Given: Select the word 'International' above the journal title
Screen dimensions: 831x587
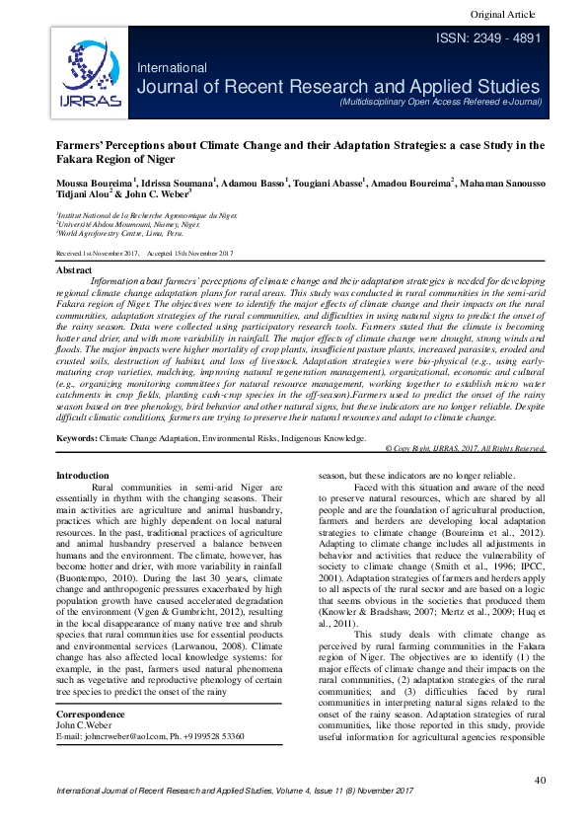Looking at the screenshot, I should click(172, 68).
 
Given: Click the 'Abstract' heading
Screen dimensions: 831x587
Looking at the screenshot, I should click(75, 269).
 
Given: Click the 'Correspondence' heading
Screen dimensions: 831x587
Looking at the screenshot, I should click(91, 713).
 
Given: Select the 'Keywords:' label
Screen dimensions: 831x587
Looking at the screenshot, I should click(77, 436).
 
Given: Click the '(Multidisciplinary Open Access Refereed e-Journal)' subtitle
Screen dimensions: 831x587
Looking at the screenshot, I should click(439, 102).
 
